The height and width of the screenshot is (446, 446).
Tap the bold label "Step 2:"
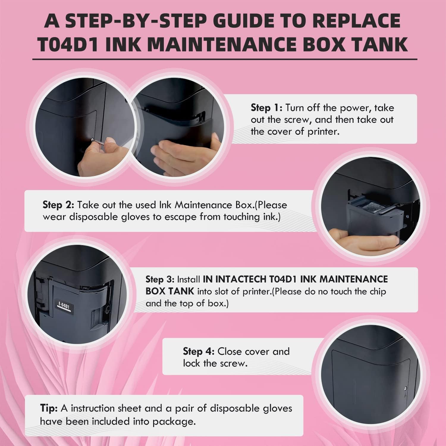pos(59,205)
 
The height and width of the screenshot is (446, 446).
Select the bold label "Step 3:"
pos(160,279)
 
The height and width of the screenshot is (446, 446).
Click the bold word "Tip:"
pos(49,409)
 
